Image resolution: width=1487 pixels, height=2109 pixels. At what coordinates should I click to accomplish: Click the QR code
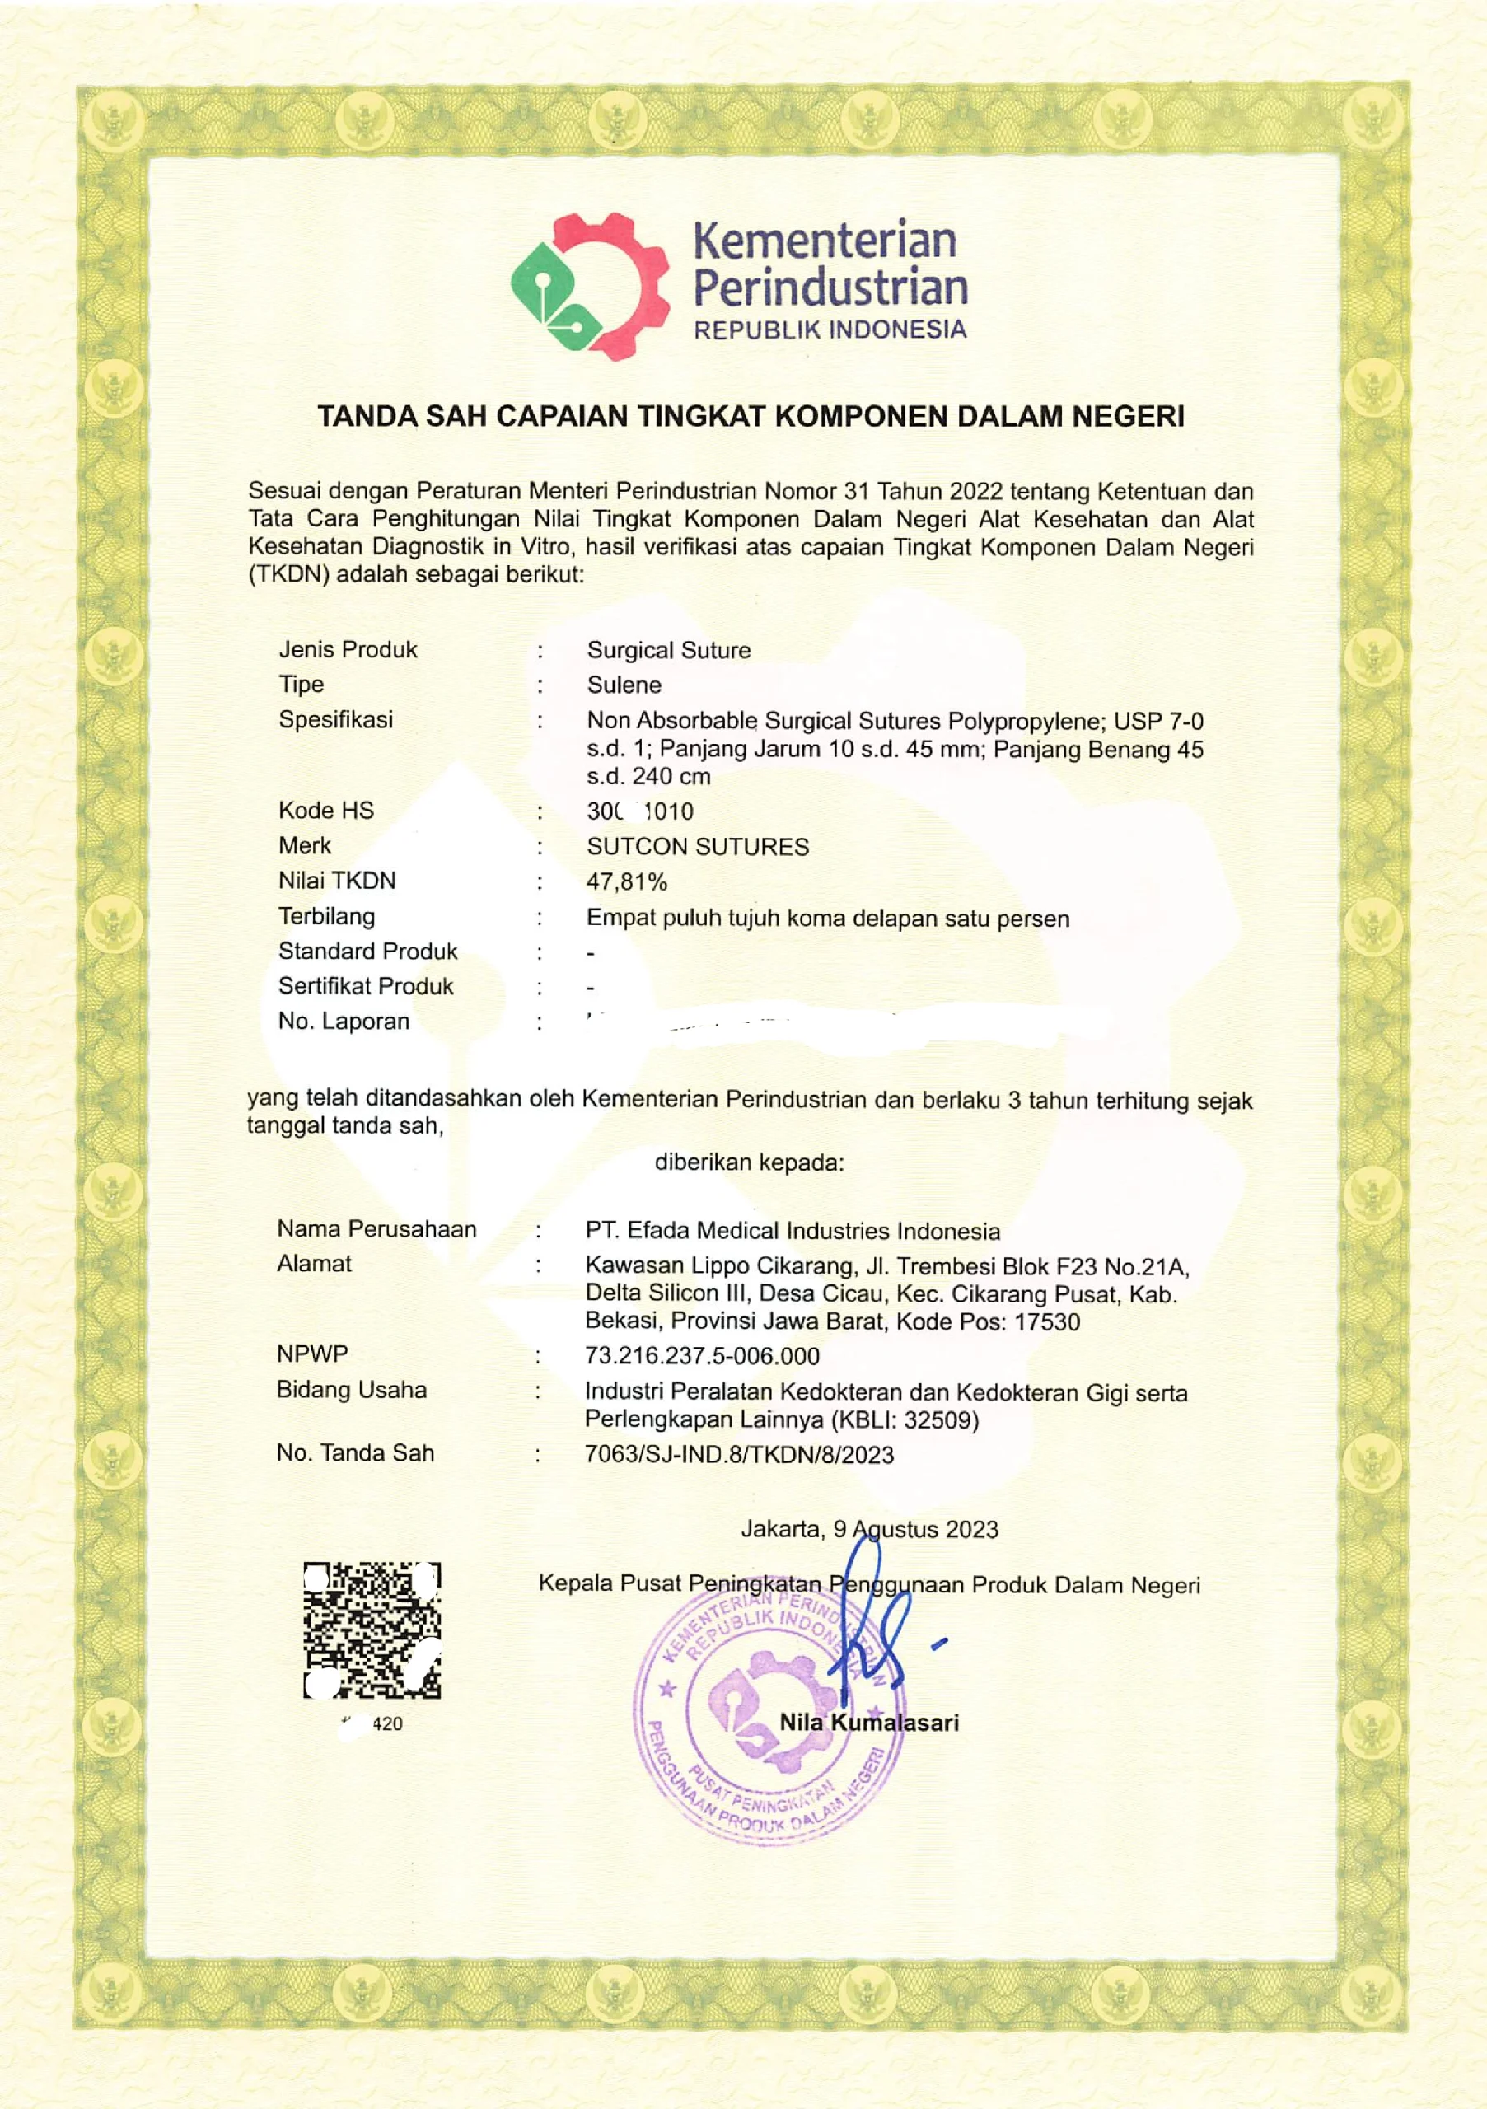372,1630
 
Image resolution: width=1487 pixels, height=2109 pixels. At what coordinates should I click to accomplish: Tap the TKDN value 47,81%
626,881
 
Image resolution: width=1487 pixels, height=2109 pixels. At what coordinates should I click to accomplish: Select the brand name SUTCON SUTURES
698,846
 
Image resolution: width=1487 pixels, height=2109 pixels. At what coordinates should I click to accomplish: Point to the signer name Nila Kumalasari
869,1723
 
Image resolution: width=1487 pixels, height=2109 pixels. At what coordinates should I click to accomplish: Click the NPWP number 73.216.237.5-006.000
703,1356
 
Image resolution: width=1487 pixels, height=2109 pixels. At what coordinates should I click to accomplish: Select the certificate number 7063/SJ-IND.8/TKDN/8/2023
739,1454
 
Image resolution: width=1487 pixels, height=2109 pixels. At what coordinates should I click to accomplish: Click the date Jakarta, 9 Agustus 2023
870,1529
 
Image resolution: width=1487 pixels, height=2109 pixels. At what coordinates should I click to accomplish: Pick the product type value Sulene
624,685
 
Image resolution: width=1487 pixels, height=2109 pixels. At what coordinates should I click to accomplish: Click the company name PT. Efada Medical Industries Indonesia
793,1231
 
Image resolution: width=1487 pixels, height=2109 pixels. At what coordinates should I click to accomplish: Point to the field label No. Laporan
344,1022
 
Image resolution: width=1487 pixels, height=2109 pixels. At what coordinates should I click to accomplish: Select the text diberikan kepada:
749,1163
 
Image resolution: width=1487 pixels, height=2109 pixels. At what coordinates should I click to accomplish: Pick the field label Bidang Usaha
352,1390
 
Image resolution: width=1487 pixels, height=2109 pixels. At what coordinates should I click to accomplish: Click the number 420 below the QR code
386,1724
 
